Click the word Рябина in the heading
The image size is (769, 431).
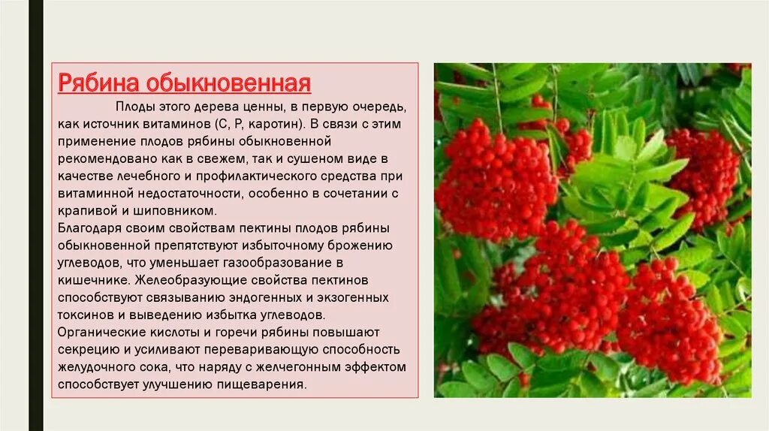(96, 82)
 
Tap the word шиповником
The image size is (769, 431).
(179, 211)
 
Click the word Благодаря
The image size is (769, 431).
(91, 228)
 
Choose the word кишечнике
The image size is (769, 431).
(91, 280)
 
